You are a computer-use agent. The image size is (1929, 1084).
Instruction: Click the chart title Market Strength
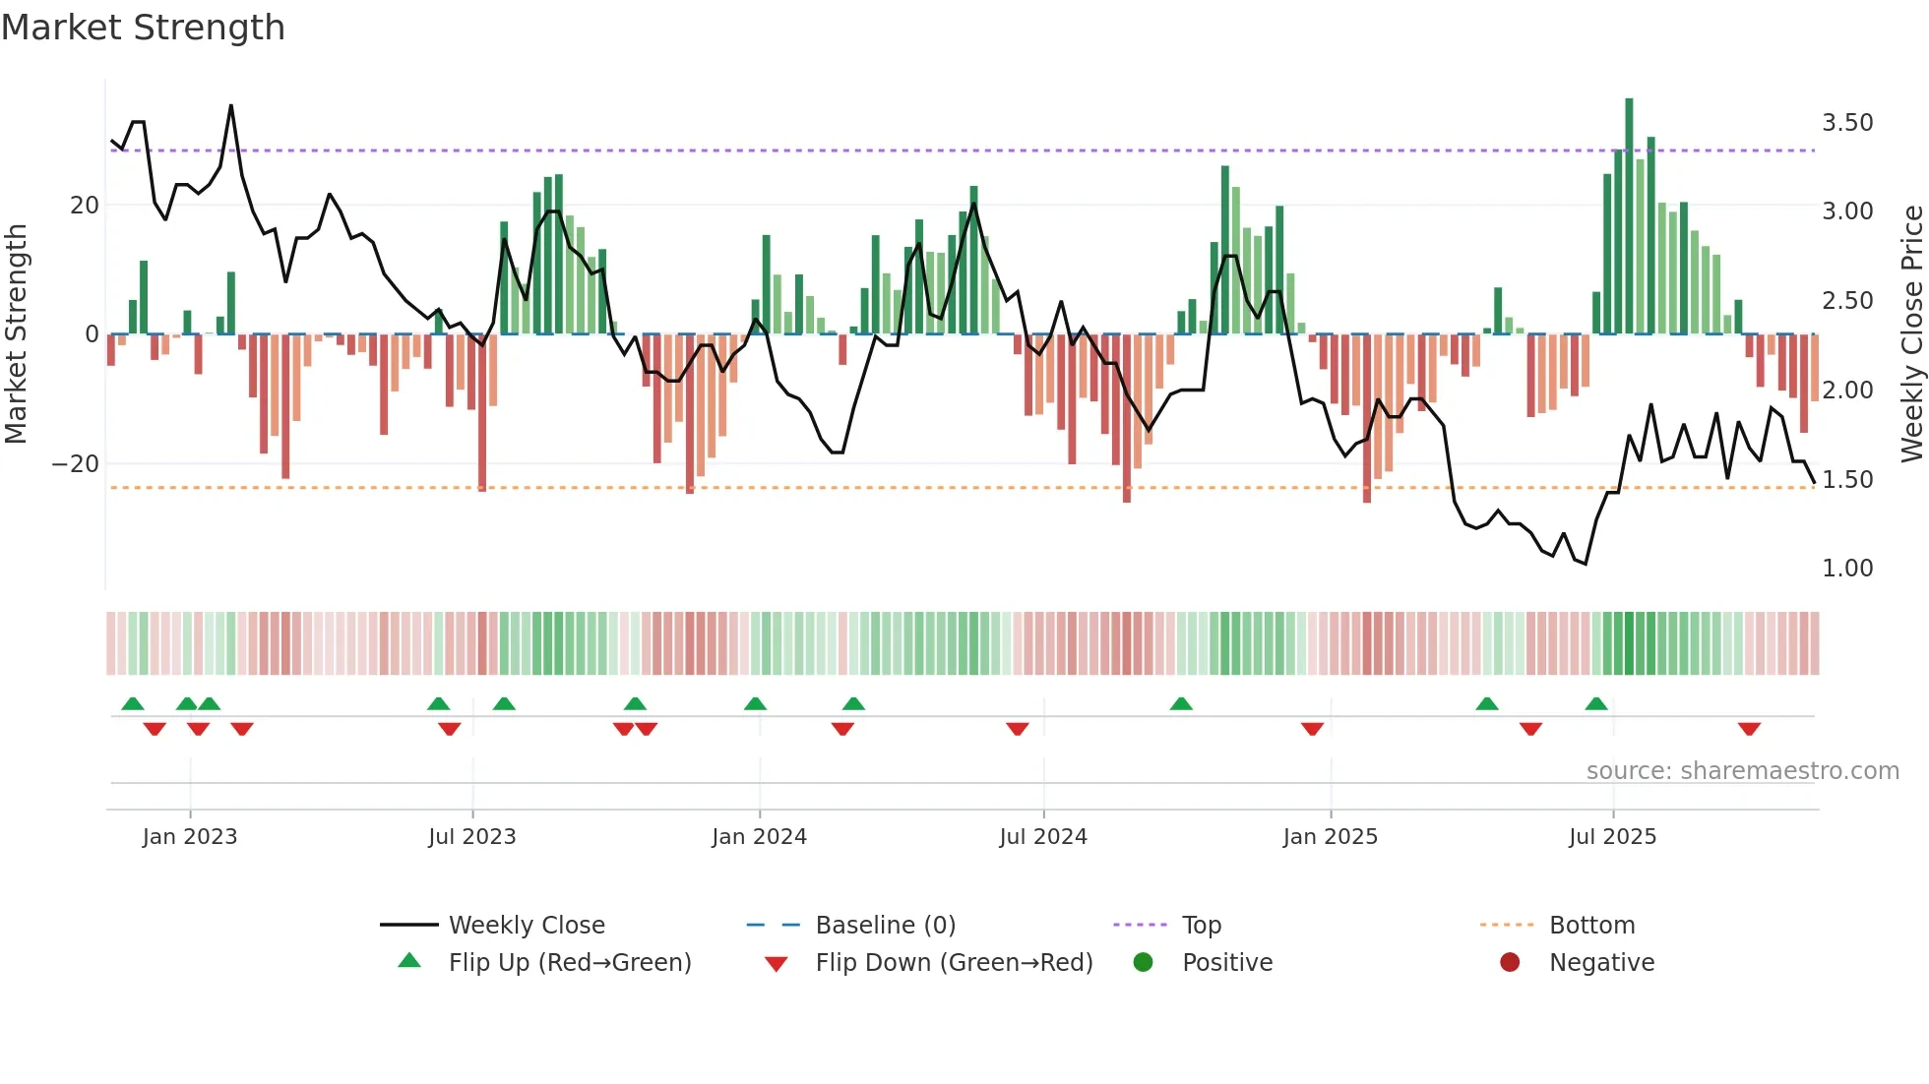143,28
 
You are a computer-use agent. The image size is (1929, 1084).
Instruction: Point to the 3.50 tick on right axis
1846,123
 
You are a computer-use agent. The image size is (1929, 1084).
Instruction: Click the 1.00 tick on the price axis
1846,569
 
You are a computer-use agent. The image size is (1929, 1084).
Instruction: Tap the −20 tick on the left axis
76,463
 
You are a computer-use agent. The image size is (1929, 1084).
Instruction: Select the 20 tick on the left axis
85,206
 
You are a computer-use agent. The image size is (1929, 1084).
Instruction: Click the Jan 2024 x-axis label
759,837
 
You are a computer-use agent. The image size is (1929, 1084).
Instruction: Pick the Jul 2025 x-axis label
1612,837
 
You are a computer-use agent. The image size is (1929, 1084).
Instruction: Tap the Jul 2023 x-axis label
471,837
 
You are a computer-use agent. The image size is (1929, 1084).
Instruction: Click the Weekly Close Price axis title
1911,333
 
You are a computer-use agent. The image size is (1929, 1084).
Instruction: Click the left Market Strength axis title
17,333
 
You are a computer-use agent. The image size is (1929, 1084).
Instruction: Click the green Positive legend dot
1143,962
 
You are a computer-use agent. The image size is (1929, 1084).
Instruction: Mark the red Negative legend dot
1510,962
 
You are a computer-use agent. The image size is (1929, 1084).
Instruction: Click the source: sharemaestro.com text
1742,771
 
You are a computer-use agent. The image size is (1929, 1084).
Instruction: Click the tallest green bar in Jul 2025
1629,216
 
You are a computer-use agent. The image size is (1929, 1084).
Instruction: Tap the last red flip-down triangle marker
1749,729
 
